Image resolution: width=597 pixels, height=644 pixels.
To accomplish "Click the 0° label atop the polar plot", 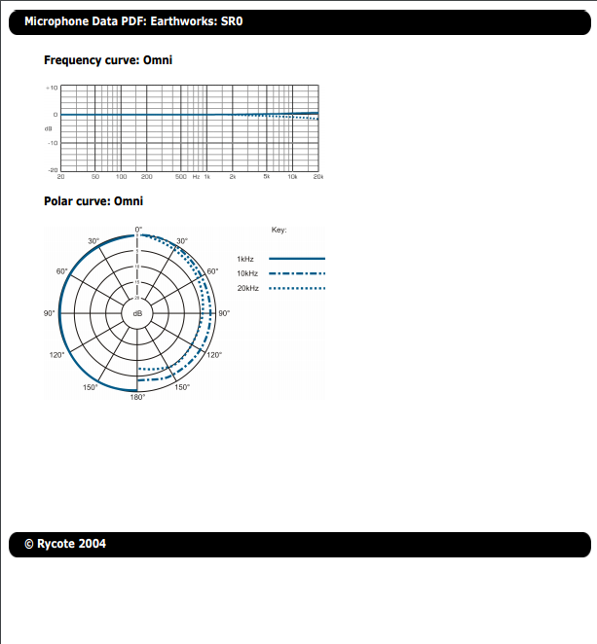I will coord(138,230).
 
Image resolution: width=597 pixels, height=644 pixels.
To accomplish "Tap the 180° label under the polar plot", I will coord(138,398).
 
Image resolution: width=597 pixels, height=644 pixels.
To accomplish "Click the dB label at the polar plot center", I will coord(137,313).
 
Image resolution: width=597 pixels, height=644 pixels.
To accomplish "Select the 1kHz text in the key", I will coord(246,259).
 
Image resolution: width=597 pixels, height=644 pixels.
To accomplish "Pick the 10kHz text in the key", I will coord(248,274).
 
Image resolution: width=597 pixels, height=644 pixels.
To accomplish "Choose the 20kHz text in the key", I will coord(248,289).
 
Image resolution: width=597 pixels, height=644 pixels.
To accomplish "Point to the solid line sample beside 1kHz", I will coord(296,259).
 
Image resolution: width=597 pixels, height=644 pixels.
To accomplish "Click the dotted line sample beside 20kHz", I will coord(296,289).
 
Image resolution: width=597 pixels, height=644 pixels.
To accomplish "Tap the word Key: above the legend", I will coord(279,230).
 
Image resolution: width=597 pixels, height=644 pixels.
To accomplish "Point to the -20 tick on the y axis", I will coord(52,169).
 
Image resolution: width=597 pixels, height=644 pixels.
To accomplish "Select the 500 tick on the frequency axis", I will coord(181,177).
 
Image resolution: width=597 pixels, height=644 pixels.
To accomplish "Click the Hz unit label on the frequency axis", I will coord(196,177).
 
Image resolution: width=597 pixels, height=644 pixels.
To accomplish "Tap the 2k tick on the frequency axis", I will coord(233,177).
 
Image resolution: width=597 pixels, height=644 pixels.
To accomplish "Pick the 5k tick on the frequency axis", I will coord(267,177).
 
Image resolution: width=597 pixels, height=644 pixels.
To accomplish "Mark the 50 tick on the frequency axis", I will coord(95,177).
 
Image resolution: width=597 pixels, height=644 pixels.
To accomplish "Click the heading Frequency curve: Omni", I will coord(108,60).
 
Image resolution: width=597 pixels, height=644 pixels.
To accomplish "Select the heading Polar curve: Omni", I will coord(93,201).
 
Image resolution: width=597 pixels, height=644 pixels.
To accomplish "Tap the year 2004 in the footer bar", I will coord(93,544).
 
